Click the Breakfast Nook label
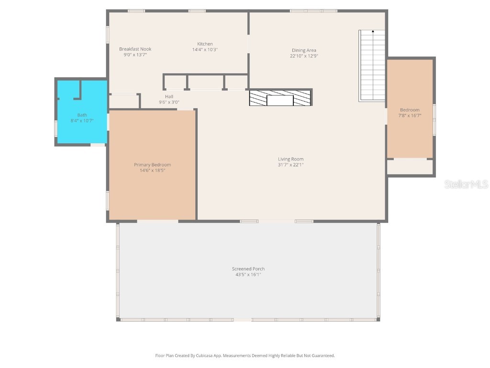point(135,49)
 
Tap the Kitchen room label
point(205,44)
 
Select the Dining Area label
point(304,50)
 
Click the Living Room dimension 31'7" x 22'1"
point(290,165)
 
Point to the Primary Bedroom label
point(153,165)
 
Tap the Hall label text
point(169,97)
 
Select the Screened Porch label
point(248,269)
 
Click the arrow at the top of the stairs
point(373,31)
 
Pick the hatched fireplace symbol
point(280,98)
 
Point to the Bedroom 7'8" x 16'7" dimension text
point(410,116)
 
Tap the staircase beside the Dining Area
point(372,66)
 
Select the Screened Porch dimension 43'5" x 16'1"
point(248,275)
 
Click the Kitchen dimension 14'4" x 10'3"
point(205,50)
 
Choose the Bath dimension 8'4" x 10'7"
point(82,121)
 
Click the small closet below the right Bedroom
point(410,167)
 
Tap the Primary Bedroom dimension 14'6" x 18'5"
point(153,171)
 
